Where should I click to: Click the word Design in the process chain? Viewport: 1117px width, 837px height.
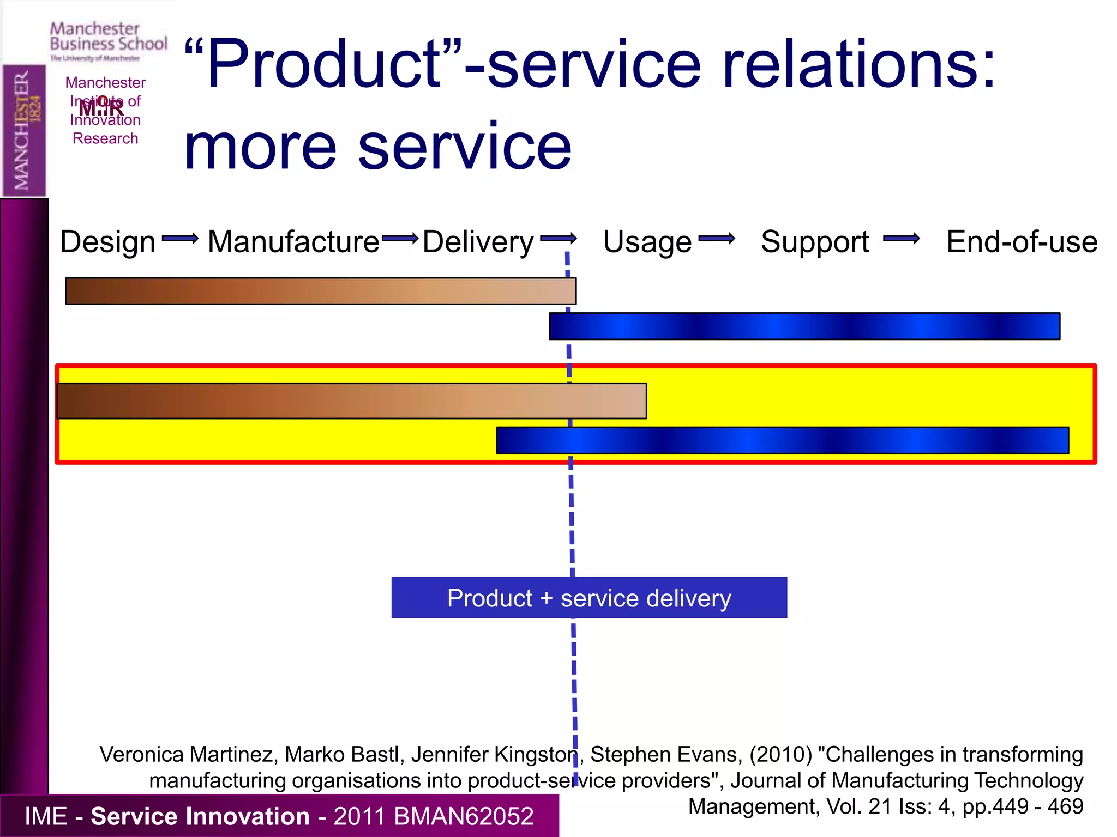[107, 242]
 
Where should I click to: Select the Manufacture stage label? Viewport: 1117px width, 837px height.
[293, 242]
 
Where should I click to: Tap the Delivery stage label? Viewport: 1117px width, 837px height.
[478, 242]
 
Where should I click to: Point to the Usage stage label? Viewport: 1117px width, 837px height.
[647, 242]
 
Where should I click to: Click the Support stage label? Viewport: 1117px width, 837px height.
[815, 242]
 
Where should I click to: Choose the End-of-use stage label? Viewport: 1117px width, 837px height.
[1022, 242]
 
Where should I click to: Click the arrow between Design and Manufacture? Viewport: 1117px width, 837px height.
[180, 239]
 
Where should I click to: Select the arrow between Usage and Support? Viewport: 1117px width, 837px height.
[716, 239]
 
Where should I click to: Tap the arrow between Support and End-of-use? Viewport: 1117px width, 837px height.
[901, 239]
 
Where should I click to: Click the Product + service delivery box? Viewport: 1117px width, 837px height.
[589, 598]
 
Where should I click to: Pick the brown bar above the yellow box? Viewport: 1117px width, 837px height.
[321, 291]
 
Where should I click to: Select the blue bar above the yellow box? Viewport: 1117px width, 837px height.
[804, 326]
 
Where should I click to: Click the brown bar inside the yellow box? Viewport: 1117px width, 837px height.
[352, 401]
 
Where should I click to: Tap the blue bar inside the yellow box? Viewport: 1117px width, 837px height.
[782, 440]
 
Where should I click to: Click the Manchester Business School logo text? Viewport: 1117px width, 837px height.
[108, 37]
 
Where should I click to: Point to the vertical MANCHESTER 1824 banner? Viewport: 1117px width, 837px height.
[24, 131]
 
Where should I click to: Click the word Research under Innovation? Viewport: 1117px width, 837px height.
[105, 138]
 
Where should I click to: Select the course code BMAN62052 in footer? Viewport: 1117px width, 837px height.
[463, 816]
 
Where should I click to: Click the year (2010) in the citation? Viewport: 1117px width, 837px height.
[780, 755]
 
